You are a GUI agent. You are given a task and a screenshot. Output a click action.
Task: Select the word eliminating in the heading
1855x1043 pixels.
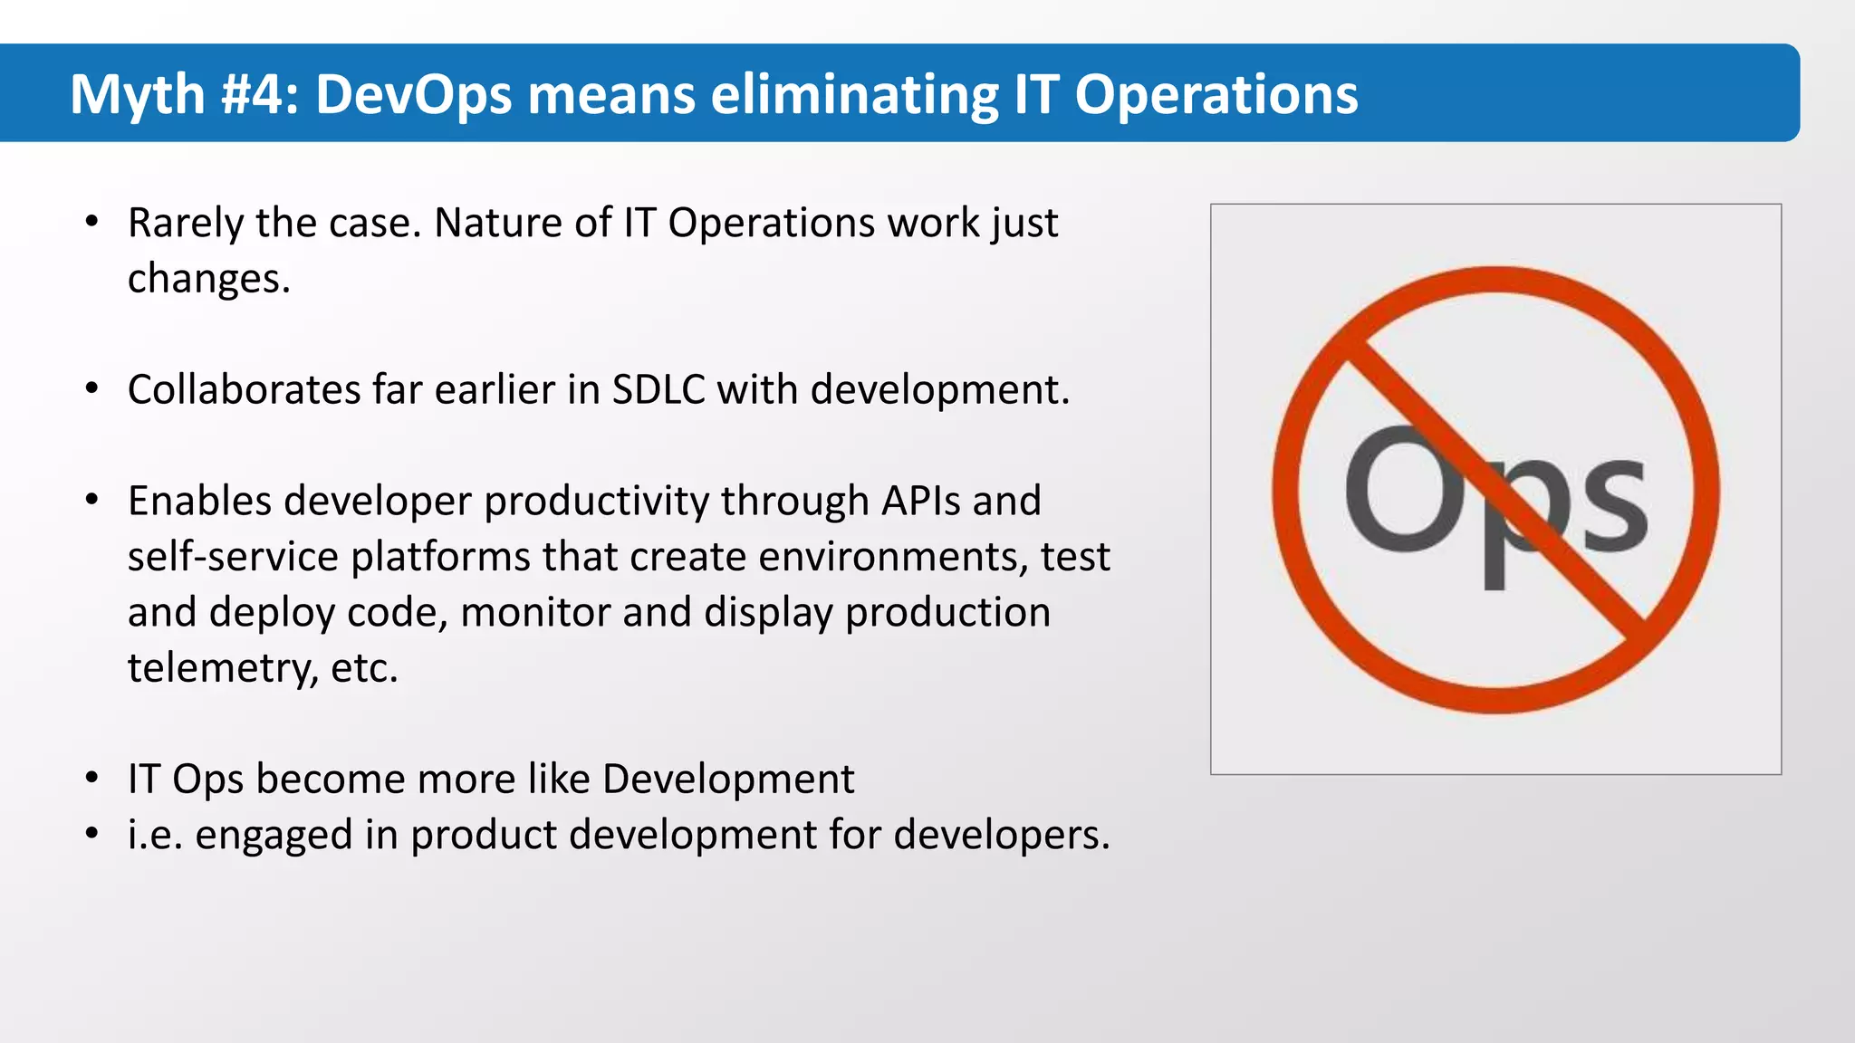(x=854, y=94)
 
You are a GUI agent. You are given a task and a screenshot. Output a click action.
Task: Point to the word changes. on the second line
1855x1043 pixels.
(x=208, y=279)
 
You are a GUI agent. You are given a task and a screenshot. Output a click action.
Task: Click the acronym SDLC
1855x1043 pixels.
(x=658, y=390)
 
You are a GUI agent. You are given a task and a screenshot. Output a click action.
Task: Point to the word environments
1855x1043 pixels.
(x=893, y=557)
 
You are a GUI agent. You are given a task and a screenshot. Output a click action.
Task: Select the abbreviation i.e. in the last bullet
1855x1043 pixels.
(x=155, y=835)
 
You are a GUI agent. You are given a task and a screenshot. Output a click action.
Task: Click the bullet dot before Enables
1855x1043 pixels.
(x=91, y=501)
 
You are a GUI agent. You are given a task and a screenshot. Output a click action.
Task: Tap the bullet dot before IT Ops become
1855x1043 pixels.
(x=91, y=779)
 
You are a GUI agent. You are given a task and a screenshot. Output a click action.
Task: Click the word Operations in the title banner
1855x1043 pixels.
(x=1216, y=94)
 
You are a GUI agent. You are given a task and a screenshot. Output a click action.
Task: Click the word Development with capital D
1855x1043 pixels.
(x=727, y=780)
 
